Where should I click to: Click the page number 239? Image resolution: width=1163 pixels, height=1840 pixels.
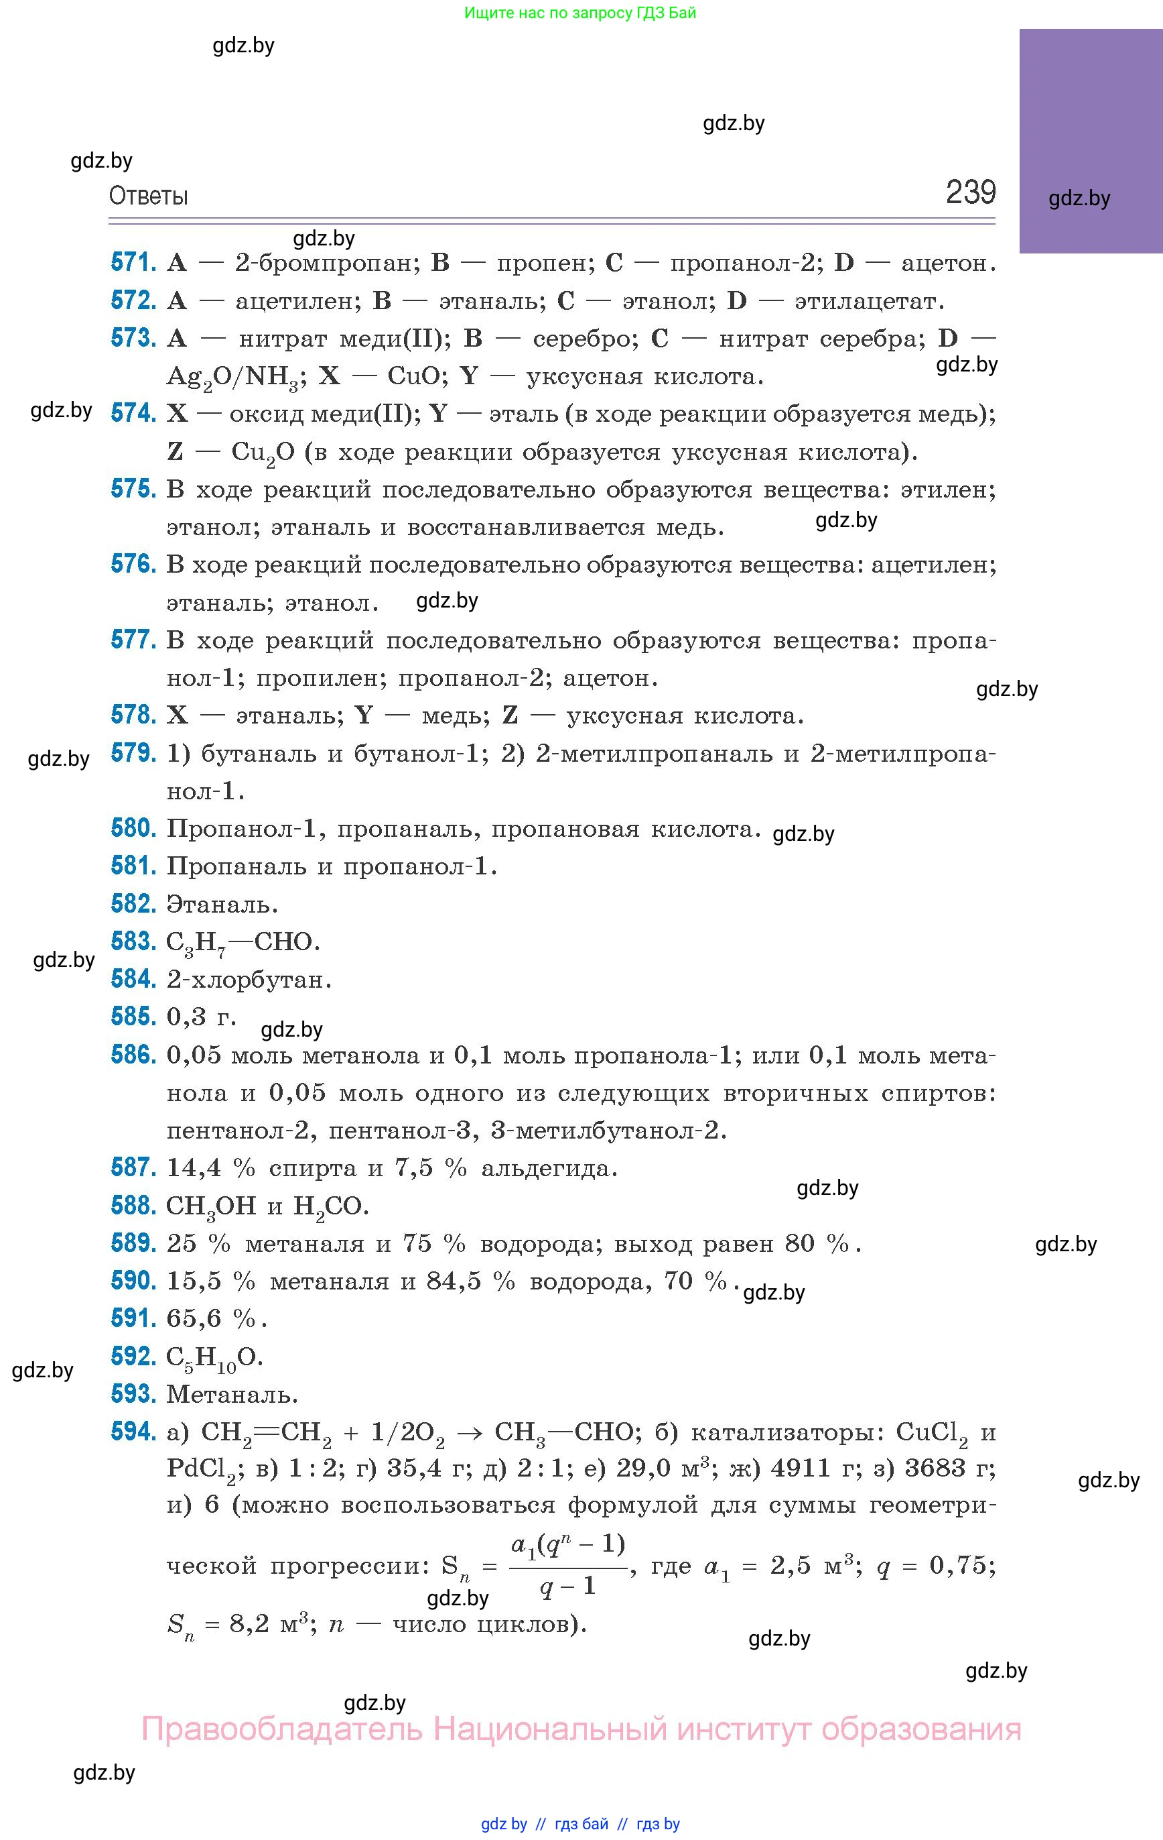pos(971,192)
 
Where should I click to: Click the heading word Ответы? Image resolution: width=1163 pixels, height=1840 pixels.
pos(148,196)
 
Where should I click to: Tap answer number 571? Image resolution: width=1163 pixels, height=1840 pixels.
pos(133,263)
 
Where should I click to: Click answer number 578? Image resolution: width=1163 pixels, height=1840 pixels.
pos(133,715)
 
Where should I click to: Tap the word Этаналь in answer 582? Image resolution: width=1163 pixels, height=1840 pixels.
pos(222,905)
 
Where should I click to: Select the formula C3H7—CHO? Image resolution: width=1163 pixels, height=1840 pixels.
pos(243,943)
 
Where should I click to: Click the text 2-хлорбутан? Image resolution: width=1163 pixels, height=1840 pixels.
pos(249,980)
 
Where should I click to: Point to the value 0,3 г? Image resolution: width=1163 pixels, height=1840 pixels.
pos(201,1017)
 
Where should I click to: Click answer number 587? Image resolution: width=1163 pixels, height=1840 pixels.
pos(133,1167)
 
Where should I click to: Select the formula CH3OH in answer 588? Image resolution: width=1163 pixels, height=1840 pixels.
pos(211,1206)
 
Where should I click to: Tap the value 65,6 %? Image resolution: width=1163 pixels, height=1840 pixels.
pos(216,1319)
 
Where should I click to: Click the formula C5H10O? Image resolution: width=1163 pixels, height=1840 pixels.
pos(214,1358)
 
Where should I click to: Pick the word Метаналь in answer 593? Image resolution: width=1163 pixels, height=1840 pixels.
pos(232,1395)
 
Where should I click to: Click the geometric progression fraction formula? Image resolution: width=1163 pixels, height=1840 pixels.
pos(567,1566)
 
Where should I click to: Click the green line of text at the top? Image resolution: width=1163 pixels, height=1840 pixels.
pos(579,13)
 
